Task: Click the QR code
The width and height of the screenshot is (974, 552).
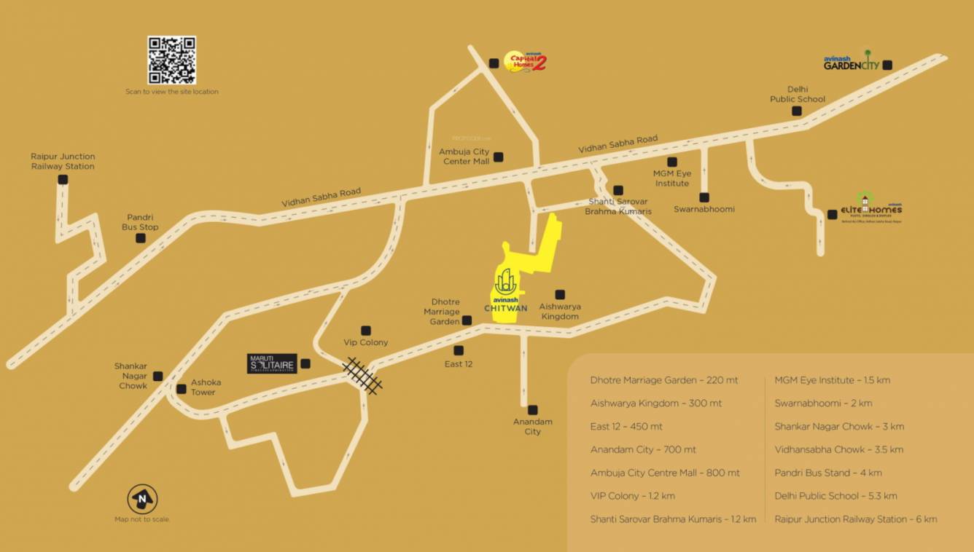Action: coord(171,60)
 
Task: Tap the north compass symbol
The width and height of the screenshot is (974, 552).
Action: coord(142,499)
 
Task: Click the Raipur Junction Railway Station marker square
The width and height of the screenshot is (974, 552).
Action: coord(63,179)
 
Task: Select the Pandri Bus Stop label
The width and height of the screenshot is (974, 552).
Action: coord(140,222)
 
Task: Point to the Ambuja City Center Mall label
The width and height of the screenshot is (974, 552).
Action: coord(464,157)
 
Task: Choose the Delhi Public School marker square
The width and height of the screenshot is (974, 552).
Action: coord(797,111)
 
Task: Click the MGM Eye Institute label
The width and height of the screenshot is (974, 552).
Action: coord(671,178)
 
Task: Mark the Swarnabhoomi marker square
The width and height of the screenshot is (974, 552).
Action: coord(704,197)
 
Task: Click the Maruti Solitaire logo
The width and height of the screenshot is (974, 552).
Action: coord(271,363)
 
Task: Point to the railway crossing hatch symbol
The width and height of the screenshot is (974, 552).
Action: coord(362,376)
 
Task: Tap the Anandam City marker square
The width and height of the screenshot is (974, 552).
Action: coord(533,410)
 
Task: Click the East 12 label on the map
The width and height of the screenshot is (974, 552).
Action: coord(459,364)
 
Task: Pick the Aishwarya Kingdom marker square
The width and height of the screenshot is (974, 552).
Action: coord(560,295)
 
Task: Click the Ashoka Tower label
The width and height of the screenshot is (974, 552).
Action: coord(206,387)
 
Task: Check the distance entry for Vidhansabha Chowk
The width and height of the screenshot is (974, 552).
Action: coord(838,449)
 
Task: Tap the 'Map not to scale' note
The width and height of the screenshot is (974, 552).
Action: coord(141,520)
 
